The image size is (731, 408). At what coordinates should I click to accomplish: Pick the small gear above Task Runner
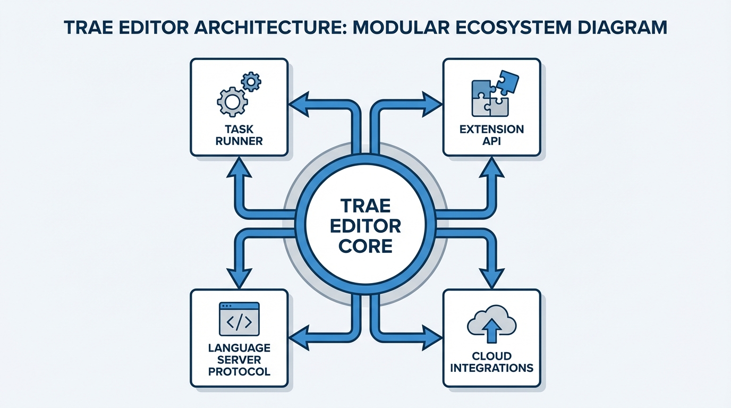[251, 82]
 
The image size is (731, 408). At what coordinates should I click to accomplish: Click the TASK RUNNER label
[240, 135]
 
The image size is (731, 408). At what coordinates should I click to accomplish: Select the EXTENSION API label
[491, 135]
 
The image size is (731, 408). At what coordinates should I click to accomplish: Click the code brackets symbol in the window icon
[239, 322]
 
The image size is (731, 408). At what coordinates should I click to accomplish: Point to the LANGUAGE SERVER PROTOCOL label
[239, 359]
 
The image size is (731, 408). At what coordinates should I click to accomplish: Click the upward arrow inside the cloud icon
[491, 329]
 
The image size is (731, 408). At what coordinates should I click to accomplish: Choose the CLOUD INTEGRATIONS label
[491, 362]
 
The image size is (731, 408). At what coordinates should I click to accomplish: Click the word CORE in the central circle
[365, 246]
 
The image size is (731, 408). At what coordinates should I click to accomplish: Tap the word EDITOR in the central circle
[365, 226]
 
